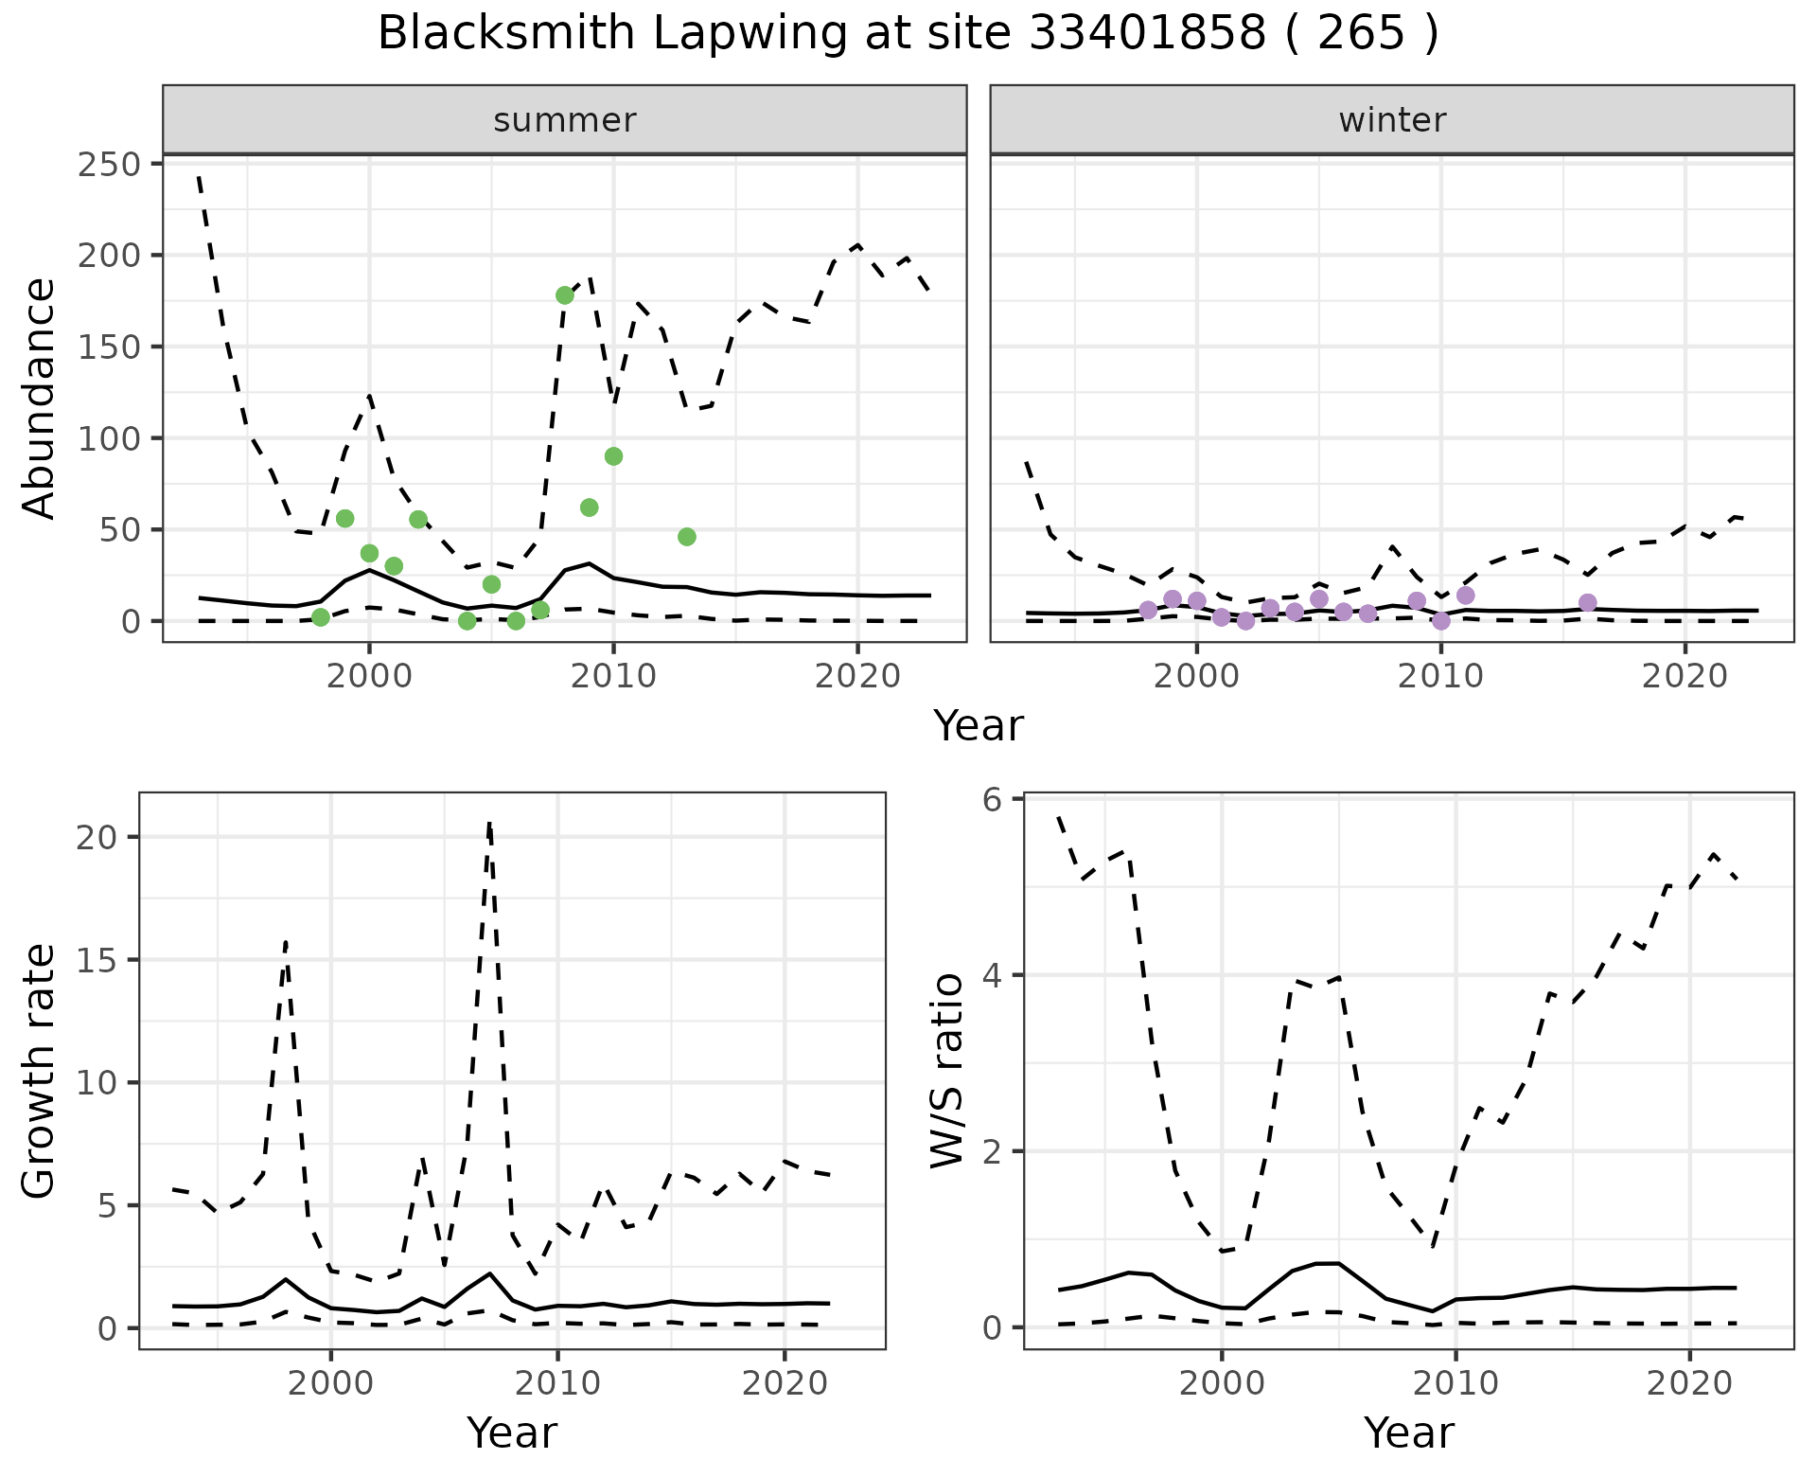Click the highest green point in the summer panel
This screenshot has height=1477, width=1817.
(x=565, y=295)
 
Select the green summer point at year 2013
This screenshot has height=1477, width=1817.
(x=687, y=537)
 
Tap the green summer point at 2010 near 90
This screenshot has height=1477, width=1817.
(x=613, y=456)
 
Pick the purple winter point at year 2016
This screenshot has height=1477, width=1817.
(x=1588, y=603)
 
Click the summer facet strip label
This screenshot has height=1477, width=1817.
(x=565, y=120)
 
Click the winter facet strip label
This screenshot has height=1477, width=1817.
(x=1392, y=120)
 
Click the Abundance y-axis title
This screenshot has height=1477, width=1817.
(x=40, y=398)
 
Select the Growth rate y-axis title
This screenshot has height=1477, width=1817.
(x=40, y=1070)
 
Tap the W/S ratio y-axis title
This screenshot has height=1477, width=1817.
(x=946, y=1070)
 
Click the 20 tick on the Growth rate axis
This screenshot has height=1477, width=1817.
(x=102, y=838)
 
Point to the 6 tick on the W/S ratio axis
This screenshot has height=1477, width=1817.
(x=992, y=800)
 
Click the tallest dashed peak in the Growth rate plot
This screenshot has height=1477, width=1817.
(x=489, y=824)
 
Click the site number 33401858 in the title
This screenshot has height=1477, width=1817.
(x=1146, y=34)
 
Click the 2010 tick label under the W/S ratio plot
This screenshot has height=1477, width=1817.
(x=1455, y=1383)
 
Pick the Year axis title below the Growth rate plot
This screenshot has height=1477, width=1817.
(x=512, y=1433)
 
